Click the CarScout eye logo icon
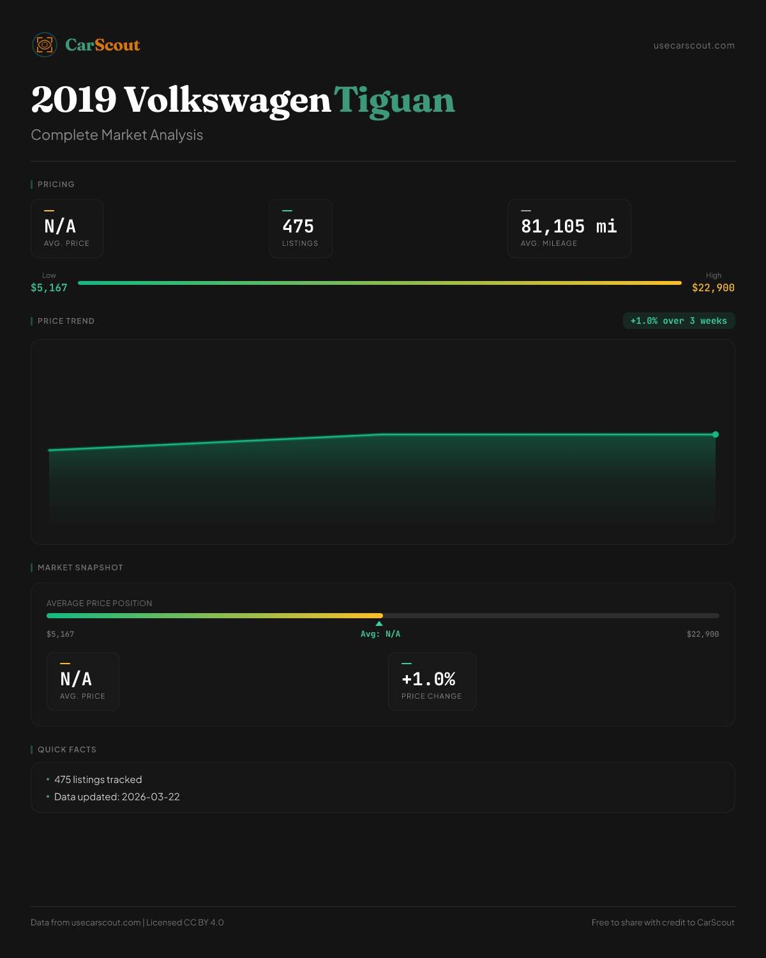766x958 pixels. (45, 45)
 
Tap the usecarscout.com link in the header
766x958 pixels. (694, 45)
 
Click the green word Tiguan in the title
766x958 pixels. (394, 101)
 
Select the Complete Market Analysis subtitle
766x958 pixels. (117, 135)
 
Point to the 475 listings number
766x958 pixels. (298, 227)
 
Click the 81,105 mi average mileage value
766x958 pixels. (569, 227)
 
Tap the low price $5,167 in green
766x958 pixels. (49, 288)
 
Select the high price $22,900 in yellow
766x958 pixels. (713, 288)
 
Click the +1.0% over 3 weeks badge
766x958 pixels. (679, 321)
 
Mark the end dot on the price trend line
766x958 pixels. (716, 434)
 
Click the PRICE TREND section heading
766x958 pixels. (66, 321)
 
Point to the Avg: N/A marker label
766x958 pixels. (380, 634)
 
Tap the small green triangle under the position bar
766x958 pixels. (379, 623)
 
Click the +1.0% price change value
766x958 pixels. (428, 679)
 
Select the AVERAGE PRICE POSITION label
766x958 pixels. (100, 604)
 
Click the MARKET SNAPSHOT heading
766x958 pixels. (80, 568)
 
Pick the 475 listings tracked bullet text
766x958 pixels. (98, 780)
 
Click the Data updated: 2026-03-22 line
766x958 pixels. (117, 797)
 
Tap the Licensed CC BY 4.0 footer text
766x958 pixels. (185, 922)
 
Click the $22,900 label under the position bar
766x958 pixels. (702, 634)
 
